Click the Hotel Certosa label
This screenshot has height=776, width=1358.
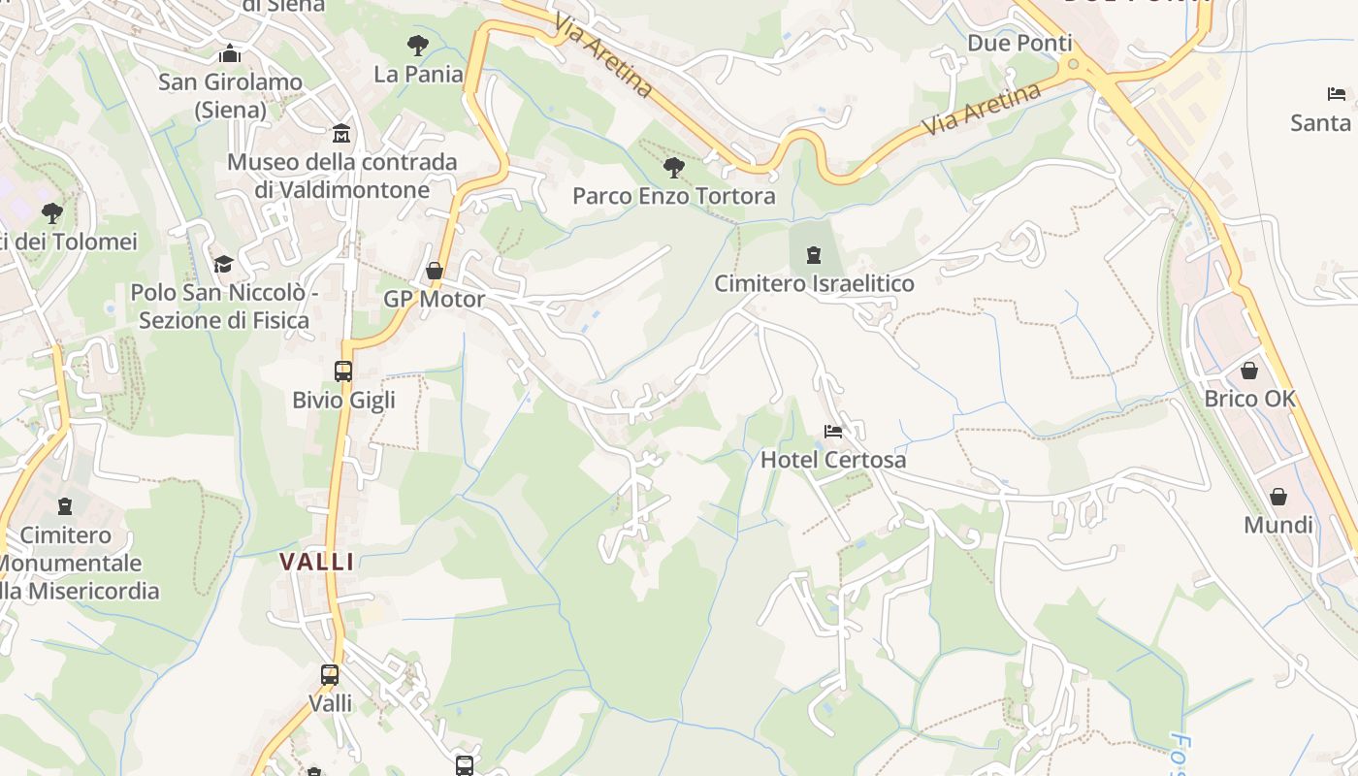[x=833, y=460]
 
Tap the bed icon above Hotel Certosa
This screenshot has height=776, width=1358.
[x=833, y=431]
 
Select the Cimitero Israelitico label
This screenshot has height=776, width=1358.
[x=814, y=284]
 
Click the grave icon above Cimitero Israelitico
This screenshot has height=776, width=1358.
[x=814, y=255]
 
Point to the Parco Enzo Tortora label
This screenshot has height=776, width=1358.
[x=673, y=197]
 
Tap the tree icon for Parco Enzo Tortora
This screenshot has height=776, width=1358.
[x=673, y=168]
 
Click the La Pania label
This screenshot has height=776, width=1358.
[x=418, y=74]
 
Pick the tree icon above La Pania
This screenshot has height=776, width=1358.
[x=418, y=45]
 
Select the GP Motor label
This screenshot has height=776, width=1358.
[x=434, y=299]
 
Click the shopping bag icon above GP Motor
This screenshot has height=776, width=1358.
[x=435, y=271]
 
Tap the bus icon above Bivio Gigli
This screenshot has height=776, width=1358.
[x=343, y=371]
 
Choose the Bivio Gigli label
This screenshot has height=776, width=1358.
[x=343, y=400]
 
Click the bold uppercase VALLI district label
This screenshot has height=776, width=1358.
[x=317, y=562]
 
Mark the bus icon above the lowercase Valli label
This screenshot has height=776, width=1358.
[x=330, y=674]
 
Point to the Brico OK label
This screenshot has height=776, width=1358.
[x=1249, y=400]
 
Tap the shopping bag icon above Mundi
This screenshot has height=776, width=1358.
[x=1278, y=497]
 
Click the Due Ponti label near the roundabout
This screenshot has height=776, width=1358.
[x=1019, y=44]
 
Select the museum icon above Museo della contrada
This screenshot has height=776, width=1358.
[x=341, y=133]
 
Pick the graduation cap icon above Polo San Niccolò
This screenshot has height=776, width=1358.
[x=223, y=264]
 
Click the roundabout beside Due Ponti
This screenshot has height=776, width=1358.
[x=1072, y=65]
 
